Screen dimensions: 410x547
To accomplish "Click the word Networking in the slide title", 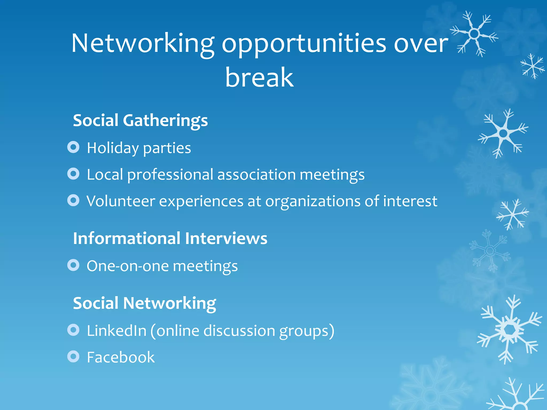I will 143,44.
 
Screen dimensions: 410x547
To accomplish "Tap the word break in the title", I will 259,77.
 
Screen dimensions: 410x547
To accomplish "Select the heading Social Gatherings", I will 140,120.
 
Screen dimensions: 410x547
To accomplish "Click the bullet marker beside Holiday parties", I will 73,147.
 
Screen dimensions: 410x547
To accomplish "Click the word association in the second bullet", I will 256,175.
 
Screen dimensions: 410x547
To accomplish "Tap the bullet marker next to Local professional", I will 73,174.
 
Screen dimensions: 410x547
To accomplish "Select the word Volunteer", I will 121,201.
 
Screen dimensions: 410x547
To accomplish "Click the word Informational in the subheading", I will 127,238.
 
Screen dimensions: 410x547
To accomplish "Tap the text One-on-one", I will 128,266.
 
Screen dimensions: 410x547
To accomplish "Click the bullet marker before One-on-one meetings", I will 73,265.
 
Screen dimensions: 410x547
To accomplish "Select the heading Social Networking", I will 144,303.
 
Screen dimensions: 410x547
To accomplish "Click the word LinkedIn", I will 117,331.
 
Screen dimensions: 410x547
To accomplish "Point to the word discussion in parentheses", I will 239,331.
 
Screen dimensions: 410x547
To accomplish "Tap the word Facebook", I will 121,357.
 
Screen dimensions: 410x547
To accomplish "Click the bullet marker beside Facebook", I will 73,356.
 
